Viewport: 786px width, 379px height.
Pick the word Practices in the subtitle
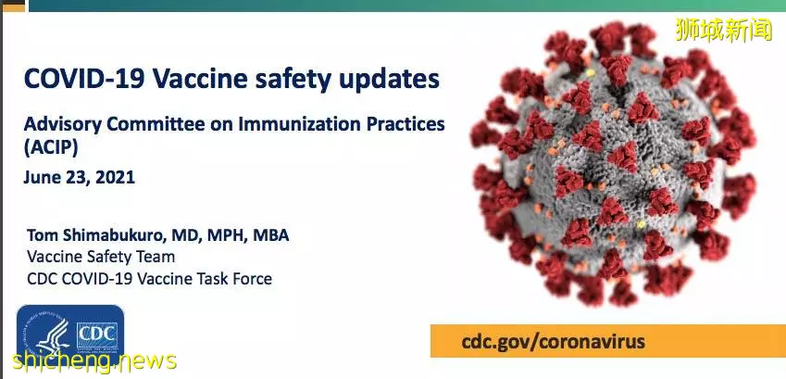(412, 123)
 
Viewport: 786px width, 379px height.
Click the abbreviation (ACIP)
(51, 148)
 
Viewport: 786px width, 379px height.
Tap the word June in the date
(40, 177)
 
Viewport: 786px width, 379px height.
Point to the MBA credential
(270, 235)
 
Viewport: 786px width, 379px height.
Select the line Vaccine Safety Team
(101, 257)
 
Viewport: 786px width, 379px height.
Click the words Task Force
(240, 279)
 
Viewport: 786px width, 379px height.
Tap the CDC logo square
(97, 335)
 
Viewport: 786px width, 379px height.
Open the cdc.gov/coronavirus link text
(554, 342)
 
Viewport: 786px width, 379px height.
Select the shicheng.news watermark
(94, 361)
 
